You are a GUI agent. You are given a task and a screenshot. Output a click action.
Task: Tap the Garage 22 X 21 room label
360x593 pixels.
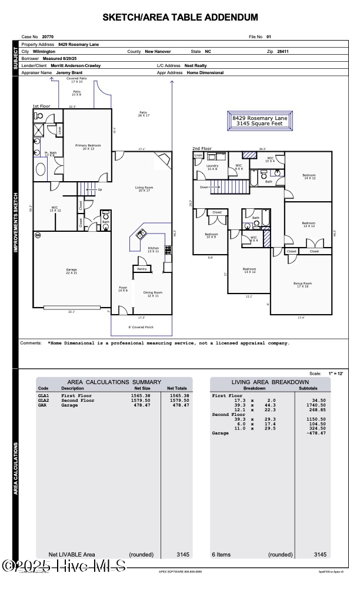pos(71,272)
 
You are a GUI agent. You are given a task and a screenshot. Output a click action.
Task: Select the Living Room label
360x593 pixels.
pos(144,189)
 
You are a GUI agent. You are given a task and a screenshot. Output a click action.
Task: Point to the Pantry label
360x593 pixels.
pos(141,269)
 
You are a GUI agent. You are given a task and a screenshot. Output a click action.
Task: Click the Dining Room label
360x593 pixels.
pos(153,294)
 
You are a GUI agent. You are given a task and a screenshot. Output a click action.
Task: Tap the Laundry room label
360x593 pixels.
pos(212,167)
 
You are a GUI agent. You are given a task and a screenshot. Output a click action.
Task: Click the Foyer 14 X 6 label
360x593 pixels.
pos(123,289)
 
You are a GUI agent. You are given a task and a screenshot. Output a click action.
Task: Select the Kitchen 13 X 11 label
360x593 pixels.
pos(153,250)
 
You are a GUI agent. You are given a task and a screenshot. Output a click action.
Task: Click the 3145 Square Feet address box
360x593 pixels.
pos(259,121)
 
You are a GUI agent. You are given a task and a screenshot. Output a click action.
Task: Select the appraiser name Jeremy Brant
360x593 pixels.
pos(69,73)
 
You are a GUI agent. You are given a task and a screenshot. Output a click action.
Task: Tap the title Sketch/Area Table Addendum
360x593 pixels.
pos(180,18)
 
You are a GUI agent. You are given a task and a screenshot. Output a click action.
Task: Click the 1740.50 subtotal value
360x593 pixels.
pos(316,405)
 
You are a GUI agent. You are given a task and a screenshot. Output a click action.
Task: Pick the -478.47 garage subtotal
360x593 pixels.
pos(315,433)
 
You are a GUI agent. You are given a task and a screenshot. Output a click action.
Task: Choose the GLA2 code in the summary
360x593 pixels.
pos(44,401)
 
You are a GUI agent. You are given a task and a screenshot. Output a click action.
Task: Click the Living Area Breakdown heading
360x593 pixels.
pos(270,382)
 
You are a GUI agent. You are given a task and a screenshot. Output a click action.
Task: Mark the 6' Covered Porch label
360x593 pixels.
pos(141,327)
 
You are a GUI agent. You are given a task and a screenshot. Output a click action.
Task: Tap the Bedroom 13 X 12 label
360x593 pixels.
pos(249,270)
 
